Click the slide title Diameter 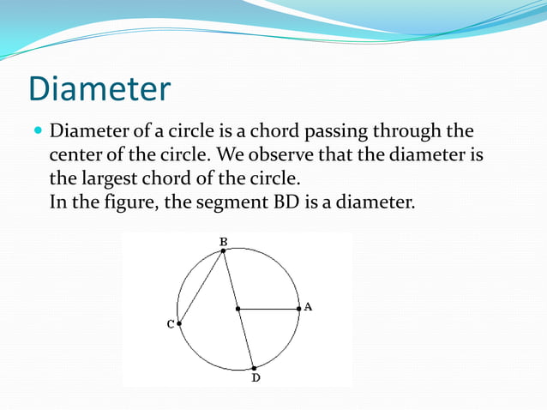tap(99, 90)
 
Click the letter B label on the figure tap(223, 241)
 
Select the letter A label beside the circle tap(308, 306)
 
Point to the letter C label tap(170, 324)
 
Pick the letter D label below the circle tap(255, 377)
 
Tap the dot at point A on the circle tap(298, 308)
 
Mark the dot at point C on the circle tap(179, 323)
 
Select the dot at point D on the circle tap(254, 367)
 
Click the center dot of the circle tap(237, 308)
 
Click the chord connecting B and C tap(201, 286)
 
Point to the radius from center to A tap(268, 308)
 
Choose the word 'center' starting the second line tap(76, 156)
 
